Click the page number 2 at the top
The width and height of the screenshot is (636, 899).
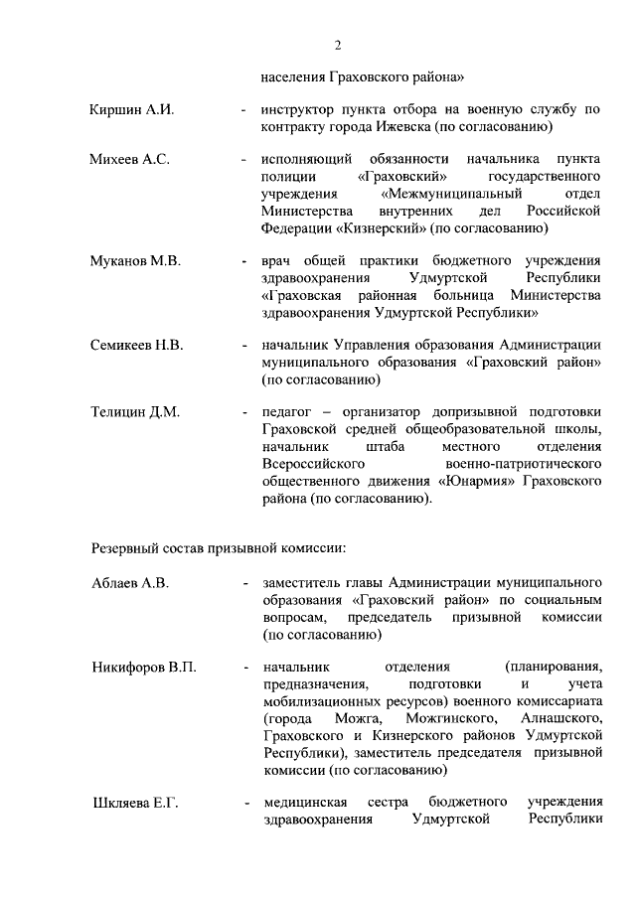click(x=338, y=45)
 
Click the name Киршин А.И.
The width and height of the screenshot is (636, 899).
click(x=131, y=109)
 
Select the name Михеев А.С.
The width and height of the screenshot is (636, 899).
click(x=130, y=159)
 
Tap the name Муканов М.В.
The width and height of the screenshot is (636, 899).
click(x=134, y=261)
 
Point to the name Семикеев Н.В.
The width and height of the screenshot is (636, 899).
click(x=138, y=346)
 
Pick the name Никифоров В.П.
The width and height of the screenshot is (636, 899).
click(x=143, y=667)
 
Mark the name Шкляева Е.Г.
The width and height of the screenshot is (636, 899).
click(x=134, y=803)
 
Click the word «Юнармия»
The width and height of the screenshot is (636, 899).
click(x=475, y=481)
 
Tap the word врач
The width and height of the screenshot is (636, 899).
click(x=279, y=261)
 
